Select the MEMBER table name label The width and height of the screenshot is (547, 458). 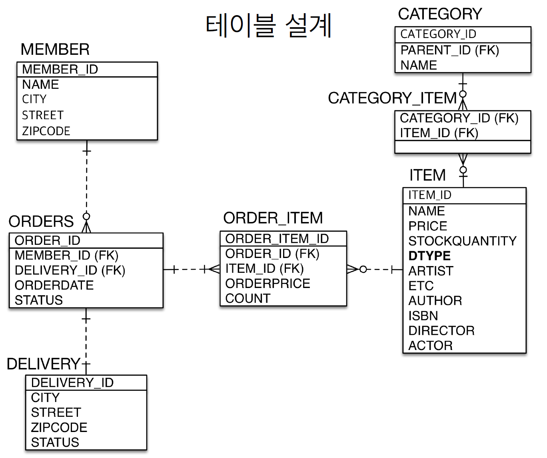[x=55, y=50]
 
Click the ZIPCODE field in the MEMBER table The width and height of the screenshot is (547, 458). [x=46, y=131]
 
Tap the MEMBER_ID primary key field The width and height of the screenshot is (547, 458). [x=60, y=69]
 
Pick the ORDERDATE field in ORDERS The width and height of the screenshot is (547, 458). [x=54, y=285]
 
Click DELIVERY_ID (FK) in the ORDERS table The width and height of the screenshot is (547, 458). [x=70, y=270]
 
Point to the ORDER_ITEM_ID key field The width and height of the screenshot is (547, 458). [x=277, y=239]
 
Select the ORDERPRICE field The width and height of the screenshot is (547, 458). [x=268, y=284]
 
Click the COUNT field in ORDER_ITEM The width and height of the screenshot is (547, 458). [x=248, y=298]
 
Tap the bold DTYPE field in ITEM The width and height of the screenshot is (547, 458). [x=429, y=256]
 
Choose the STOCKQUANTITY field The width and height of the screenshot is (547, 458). [x=462, y=241]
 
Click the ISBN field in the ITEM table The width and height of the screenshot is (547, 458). [x=423, y=316]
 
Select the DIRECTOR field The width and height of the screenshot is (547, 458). [x=441, y=330]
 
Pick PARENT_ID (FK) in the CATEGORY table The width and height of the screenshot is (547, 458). [x=450, y=50]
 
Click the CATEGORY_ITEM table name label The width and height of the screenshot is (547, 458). [x=392, y=98]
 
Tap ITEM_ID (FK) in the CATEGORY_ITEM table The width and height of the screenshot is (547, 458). [x=439, y=133]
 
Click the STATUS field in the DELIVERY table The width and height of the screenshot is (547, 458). [x=55, y=442]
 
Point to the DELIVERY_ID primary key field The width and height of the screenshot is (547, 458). [x=72, y=383]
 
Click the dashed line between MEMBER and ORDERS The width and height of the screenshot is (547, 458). [x=87, y=184]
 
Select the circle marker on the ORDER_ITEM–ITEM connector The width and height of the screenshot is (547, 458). [x=363, y=269]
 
